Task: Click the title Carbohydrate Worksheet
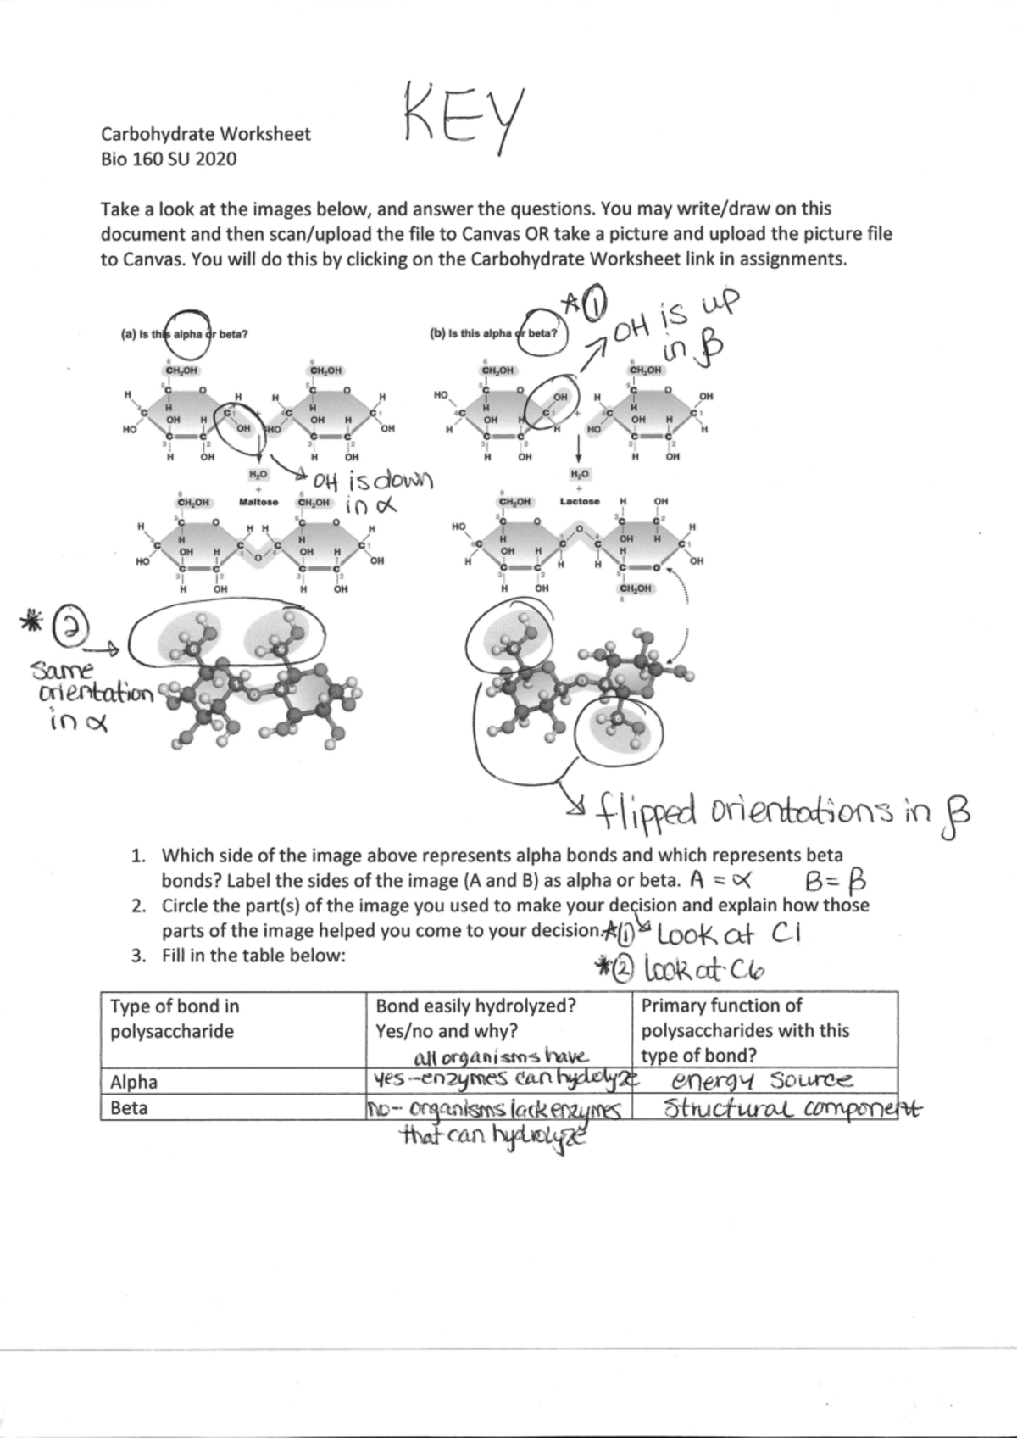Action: (206, 134)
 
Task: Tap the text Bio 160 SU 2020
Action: (169, 159)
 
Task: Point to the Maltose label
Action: (258, 502)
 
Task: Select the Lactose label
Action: (580, 501)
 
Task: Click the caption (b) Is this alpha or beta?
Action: (494, 334)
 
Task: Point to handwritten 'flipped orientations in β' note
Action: (780, 812)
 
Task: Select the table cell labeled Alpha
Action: (134, 1082)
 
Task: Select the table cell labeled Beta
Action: (129, 1107)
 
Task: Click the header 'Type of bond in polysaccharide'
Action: (175, 1018)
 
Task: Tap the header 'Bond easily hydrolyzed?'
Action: (475, 1006)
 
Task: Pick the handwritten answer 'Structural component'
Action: (792, 1109)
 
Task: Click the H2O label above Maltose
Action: (258, 475)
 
